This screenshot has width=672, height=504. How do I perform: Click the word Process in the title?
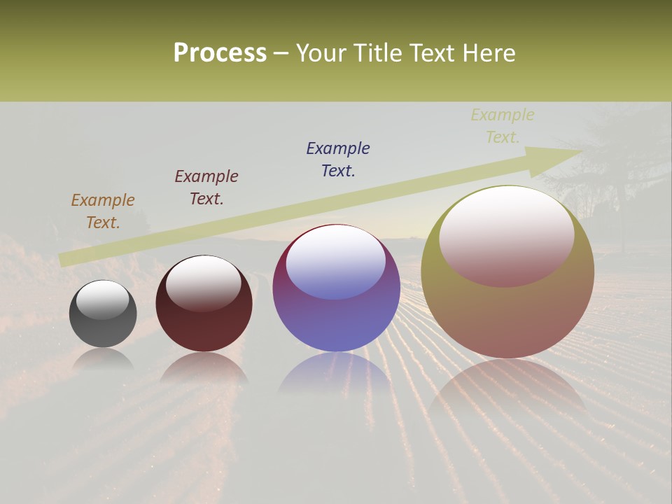pyautogui.click(x=220, y=53)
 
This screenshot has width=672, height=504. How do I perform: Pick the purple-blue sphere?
pyautogui.click(x=336, y=322)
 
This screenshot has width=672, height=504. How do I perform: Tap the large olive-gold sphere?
pyautogui.click(x=507, y=315)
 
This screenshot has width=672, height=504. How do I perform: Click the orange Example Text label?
pyautogui.click(x=103, y=211)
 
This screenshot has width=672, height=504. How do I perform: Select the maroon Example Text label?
pyautogui.click(x=206, y=188)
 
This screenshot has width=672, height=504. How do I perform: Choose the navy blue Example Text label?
pyautogui.click(x=338, y=160)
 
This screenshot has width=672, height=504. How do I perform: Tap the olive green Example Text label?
pyautogui.click(x=503, y=126)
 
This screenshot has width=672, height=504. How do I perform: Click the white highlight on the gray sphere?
pyautogui.click(x=103, y=300)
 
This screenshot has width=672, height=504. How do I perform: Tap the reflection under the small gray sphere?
pyautogui.click(x=103, y=359)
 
